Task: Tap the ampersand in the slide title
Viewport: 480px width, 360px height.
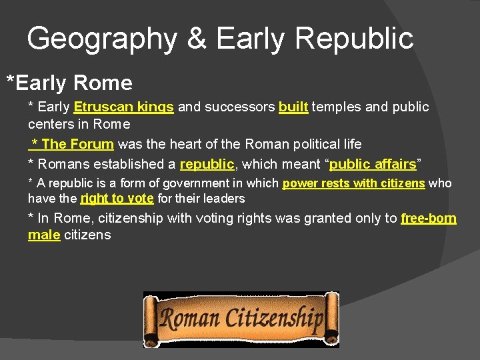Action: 197,39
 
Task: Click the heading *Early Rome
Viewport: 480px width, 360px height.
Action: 69,83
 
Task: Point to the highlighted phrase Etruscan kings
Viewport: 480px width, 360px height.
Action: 124,107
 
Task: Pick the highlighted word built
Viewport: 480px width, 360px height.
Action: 293,107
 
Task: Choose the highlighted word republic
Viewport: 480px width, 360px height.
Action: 207,164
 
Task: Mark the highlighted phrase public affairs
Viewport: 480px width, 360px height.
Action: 373,164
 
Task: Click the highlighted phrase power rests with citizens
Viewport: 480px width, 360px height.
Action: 353,183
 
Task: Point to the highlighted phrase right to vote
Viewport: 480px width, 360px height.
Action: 117,199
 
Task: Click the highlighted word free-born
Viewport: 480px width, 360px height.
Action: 429,219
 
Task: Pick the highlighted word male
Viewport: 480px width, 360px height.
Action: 44,235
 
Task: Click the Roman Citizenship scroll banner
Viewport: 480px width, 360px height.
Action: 241,319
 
